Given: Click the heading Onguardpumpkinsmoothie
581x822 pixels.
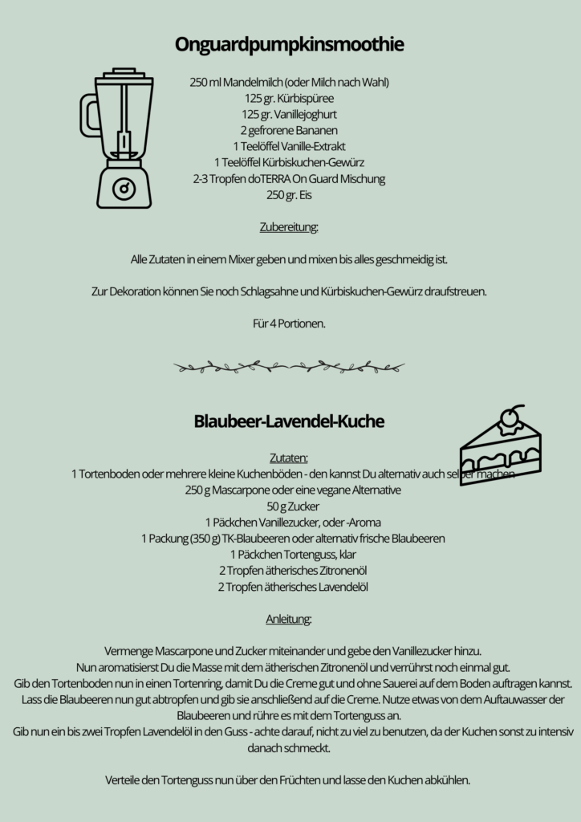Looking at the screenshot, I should tap(290, 45).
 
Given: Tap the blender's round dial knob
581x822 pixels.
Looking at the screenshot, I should tap(124, 189).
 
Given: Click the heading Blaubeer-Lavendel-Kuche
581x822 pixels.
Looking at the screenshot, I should tap(289, 421).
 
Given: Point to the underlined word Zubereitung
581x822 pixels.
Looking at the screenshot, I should tap(289, 227).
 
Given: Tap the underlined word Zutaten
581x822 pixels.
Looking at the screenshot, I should tap(289, 458).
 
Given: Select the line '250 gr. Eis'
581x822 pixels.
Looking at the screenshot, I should tap(289, 194).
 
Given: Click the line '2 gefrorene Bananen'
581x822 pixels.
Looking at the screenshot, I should tap(289, 130).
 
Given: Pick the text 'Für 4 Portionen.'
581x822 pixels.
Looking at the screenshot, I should tap(289, 324).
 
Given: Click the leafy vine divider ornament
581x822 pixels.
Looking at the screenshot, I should tap(289, 368).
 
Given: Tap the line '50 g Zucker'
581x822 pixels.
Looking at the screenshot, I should tap(289, 506).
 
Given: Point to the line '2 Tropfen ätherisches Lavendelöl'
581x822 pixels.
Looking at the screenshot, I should tap(289, 587).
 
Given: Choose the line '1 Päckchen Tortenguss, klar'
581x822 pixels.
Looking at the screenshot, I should tap(289, 554).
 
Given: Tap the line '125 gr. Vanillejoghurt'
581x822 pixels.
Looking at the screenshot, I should tap(289, 114).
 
